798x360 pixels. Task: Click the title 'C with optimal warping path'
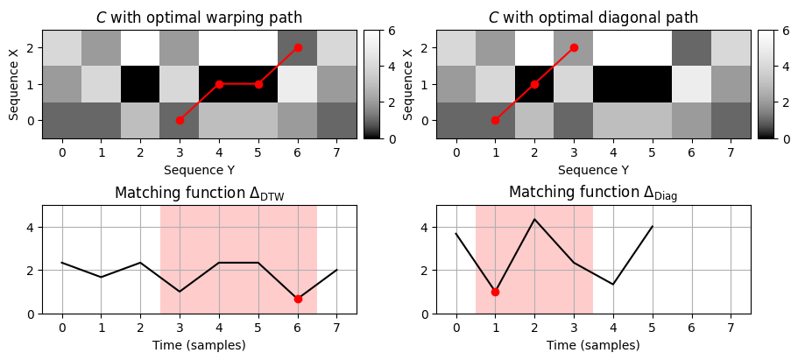199,18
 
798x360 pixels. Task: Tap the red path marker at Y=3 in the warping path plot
180,120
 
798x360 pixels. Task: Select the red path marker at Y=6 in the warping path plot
298,47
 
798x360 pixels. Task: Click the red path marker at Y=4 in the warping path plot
219,84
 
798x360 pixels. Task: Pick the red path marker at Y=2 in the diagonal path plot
534,84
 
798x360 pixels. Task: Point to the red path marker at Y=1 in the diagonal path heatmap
495,120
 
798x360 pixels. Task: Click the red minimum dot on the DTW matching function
298,299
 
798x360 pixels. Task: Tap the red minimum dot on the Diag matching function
495,292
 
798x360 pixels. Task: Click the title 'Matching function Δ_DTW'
199,192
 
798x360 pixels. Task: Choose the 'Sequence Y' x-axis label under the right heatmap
593,170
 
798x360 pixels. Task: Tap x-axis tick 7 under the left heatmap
337,153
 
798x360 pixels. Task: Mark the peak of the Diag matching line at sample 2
534,219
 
